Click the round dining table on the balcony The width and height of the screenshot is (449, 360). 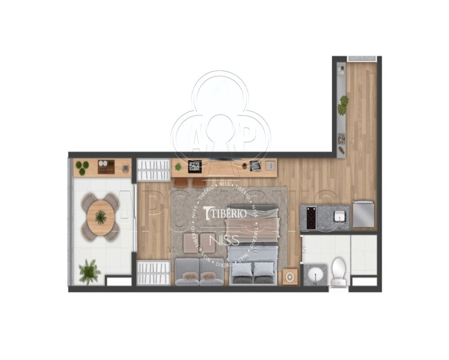(x=101, y=218)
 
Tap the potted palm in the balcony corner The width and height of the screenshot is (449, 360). (x=89, y=271)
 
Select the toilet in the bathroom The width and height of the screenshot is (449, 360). (x=339, y=271)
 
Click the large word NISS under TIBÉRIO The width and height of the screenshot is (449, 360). (x=227, y=240)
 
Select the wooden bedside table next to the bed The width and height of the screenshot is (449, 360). (x=290, y=276)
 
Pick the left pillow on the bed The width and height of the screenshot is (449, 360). (x=242, y=269)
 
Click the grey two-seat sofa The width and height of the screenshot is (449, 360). (x=199, y=272)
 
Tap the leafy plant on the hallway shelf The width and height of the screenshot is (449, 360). (x=343, y=105)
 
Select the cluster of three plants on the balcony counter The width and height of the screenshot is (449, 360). (x=82, y=167)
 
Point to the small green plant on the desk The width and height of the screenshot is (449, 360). (x=178, y=167)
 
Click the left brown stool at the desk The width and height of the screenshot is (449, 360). (x=181, y=182)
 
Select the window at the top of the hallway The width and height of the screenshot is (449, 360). (x=361, y=58)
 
